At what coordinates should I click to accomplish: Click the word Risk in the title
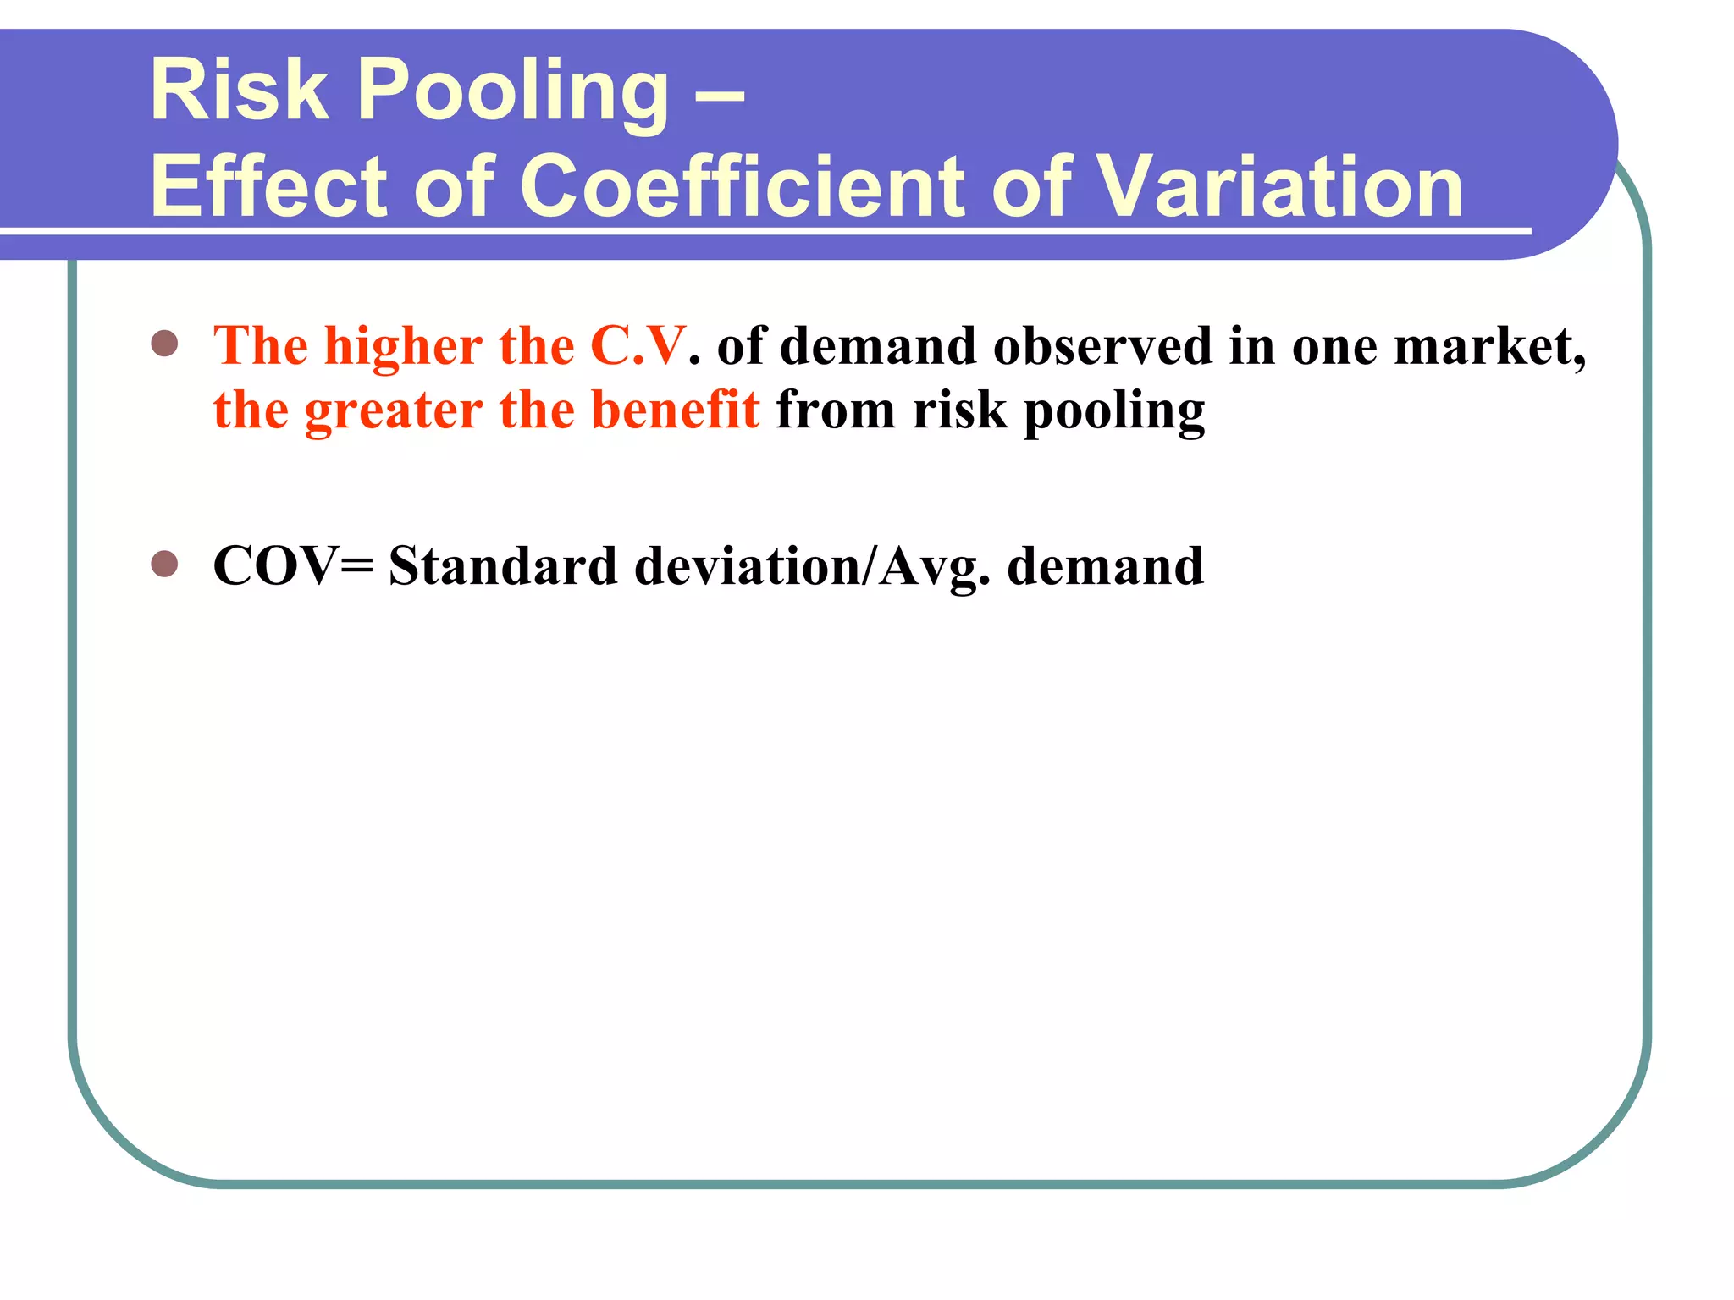(239, 90)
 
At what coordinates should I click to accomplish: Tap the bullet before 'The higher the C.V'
(164, 344)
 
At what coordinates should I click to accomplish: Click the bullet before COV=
(164, 564)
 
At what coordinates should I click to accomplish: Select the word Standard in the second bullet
(503, 565)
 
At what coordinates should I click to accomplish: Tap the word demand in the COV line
(1105, 565)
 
